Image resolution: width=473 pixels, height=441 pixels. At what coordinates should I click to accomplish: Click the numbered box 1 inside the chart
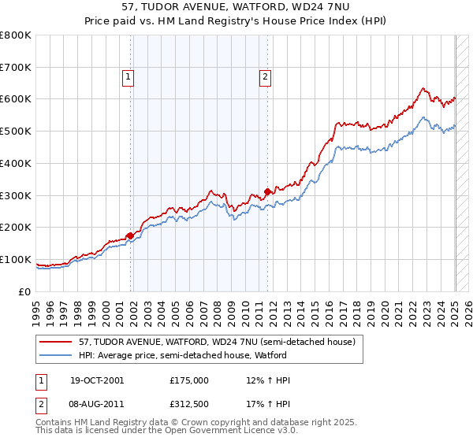tap(127, 77)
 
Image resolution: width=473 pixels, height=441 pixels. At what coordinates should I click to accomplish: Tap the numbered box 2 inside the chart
tap(265, 77)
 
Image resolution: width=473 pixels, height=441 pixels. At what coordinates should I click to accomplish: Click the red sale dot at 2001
tap(130, 235)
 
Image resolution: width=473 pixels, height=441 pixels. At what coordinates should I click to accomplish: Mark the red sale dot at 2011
tap(267, 191)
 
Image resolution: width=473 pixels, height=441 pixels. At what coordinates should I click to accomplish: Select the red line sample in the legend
tap(56, 342)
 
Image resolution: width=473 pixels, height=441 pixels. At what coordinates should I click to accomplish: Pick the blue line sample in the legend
tap(56, 355)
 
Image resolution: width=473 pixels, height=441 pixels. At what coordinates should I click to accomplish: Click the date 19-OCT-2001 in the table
tap(97, 380)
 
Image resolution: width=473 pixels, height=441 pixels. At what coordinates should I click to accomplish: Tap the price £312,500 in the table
tap(189, 404)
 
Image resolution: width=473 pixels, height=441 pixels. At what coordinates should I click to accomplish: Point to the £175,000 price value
tap(189, 380)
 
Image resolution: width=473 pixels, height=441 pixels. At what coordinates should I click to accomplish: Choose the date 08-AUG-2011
tap(97, 404)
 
